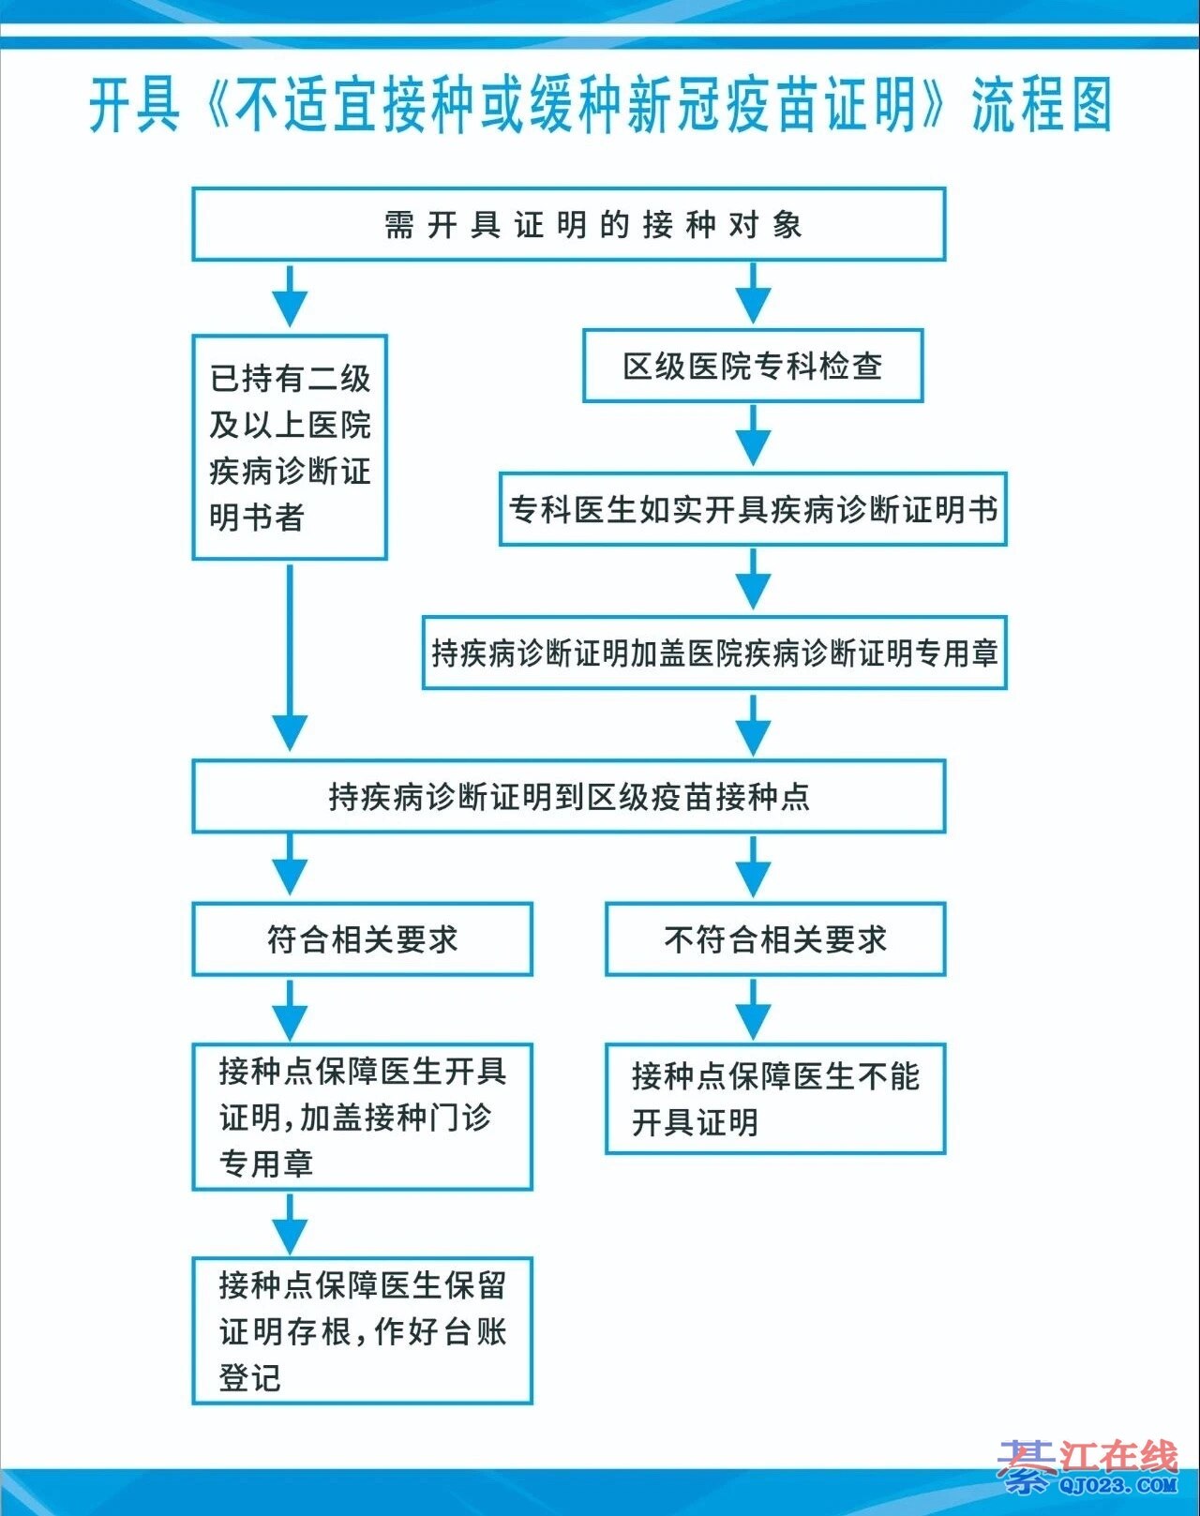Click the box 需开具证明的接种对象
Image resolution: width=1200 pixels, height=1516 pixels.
pyautogui.click(x=568, y=225)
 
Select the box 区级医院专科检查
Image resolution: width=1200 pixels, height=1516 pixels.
pyautogui.click(x=753, y=366)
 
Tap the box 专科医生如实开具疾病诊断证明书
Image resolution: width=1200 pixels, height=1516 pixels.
pyautogui.click(x=753, y=509)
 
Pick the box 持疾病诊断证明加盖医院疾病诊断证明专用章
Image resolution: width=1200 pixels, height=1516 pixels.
pyautogui.click(x=714, y=653)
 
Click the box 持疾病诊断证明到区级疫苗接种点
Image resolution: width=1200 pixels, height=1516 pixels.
pyautogui.click(x=568, y=796)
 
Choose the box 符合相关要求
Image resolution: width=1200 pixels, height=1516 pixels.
pyautogui.click(x=362, y=938)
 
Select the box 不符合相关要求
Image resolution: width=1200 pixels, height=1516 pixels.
pyautogui.click(x=775, y=938)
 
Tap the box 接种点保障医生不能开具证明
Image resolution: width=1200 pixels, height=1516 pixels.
pyautogui.click(x=775, y=1098)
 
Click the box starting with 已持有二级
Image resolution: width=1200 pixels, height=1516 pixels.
pyautogui.click(x=290, y=447)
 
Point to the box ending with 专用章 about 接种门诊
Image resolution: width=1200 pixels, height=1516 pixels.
pyautogui.click(x=362, y=1117)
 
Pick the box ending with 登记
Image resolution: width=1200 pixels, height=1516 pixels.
pyautogui.click(x=362, y=1330)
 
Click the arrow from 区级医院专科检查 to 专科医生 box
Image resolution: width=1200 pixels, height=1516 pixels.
pyautogui.click(x=753, y=437)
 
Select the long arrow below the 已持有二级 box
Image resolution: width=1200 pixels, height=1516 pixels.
pyautogui.click(x=290, y=656)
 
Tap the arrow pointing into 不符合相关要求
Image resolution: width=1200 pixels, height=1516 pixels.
pyautogui.click(x=753, y=867)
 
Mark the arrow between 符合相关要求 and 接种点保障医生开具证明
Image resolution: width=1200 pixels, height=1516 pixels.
pyautogui.click(x=290, y=1010)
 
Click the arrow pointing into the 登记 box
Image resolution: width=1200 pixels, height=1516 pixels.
pyautogui.click(x=290, y=1223)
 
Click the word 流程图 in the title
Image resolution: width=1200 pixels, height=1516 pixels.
pyautogui.click(x=1041, y=105)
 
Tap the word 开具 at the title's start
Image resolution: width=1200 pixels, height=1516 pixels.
pyautogui.click(x=134, y=105)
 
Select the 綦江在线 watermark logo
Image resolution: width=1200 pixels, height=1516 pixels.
pyautogui.click(x=1087, y=1459)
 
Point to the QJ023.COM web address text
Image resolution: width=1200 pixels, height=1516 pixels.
pyautogui.click(x=1117, y=1485)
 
